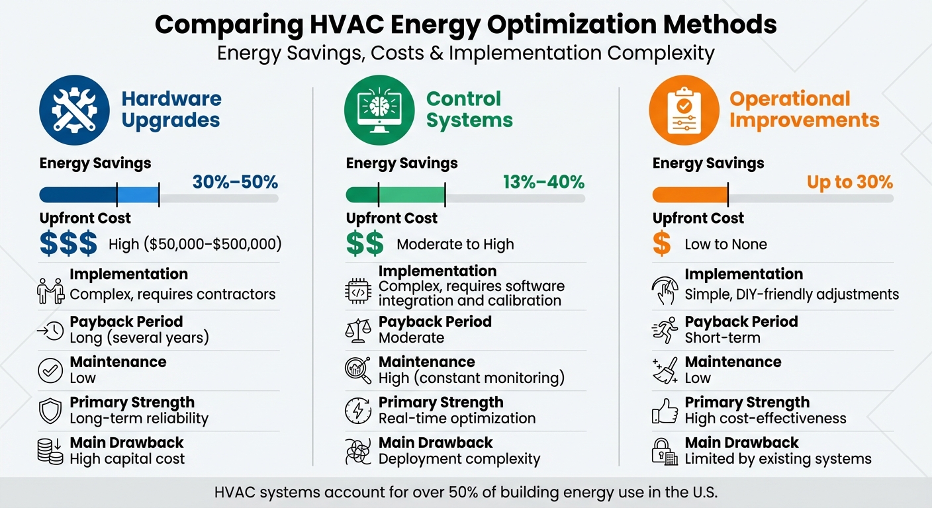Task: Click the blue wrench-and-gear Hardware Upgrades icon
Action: [x=74, y=110]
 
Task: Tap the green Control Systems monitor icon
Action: [x=379, y=110]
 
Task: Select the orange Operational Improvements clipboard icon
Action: [x=684, y=110]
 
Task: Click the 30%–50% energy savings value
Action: [x=235, y=183]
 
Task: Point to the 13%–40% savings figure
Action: [x=543, y=183]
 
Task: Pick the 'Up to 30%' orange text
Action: [x=849, y=183]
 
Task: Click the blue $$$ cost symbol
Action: [x=68, y=244]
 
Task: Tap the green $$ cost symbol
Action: [x=365, y=244]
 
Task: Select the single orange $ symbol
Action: [x=661, y=244]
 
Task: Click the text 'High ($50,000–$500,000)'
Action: [x=195, y=245]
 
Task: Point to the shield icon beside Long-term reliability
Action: [x=50, y=411]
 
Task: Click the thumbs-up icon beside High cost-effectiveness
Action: [x=665, y=411]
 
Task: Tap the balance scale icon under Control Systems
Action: [x=358, y=330]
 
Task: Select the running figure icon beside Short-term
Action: [x=665, y=330]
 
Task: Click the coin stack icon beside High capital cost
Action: [x=50, y=451]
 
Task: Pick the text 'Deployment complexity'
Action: [x=459, y=459]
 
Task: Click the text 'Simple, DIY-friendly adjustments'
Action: [x=792, y=294]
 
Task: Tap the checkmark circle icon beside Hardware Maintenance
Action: [x=50, y=370]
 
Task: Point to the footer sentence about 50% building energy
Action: [x=466, y=493]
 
